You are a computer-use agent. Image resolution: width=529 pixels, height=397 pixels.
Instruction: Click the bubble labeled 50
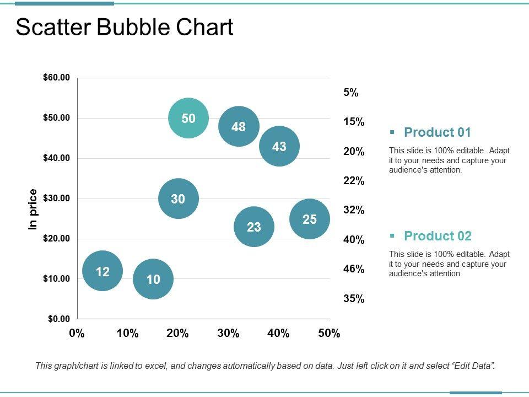(x=188, y=118)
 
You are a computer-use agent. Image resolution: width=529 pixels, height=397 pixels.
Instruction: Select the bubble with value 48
(x=239, y=127)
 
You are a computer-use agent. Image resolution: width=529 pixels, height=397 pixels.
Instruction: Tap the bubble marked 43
(x=279, y=146)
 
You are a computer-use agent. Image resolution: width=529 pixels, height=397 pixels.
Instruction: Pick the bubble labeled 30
(x=178, y=198)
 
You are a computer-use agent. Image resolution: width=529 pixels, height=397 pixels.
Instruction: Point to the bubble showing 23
(x=254, y=227)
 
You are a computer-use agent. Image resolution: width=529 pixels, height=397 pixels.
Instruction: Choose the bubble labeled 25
(x=310, y=219)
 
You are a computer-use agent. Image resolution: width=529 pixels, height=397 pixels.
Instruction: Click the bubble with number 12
(x=102, y=271)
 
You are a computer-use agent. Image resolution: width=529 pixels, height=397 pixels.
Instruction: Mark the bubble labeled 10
(x=153, y=279)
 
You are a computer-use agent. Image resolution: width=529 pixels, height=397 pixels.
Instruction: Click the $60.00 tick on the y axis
(x=57, y=78)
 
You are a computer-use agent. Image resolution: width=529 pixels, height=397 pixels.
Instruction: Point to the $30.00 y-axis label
(x=57, y=198)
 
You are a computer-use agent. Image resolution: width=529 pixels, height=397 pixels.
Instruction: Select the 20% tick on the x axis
(x=177, y=333)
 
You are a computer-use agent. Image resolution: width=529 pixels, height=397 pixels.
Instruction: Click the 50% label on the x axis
(x=329, y=333)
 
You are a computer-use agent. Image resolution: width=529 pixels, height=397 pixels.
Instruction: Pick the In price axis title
(x=33, y=209)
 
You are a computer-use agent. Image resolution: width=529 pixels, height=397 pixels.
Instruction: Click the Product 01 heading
(x=438, y=132)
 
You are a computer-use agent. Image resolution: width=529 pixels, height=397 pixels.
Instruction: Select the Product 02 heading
(x=438, y=236)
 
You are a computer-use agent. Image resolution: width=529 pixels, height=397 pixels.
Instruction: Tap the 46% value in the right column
(x=354, y=269)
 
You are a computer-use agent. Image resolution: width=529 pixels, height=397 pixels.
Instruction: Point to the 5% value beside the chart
(x=351, y=93)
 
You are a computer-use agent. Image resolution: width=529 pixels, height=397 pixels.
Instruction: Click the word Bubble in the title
(x=135, y=28)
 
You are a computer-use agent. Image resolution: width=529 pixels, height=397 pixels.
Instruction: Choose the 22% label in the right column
(x=354, y=181)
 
